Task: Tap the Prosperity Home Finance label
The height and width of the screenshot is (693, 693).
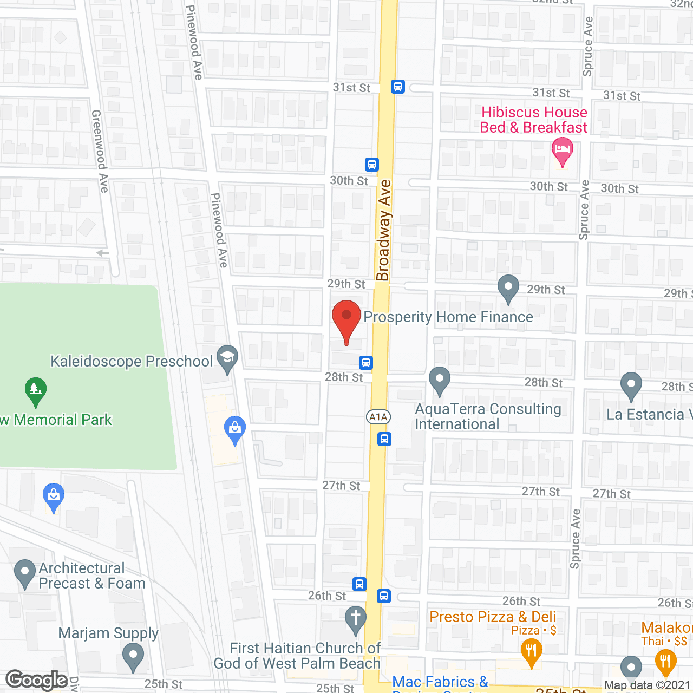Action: point(448,317)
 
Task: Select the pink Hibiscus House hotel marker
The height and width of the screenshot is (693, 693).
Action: point(563,151)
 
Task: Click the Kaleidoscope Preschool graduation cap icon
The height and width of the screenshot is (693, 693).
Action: point(227,358)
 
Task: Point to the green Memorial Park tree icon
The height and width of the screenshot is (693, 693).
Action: point(36,390)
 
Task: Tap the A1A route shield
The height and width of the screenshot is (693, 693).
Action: point(378,417)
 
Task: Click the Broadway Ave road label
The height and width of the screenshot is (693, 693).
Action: point(384,231)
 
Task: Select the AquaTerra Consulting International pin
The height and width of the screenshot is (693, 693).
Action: point(440,380)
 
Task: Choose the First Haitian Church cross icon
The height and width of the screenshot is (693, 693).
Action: point(356,619)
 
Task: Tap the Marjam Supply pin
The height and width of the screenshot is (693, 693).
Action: point(133,656)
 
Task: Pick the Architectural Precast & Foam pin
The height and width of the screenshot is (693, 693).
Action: point(24,573)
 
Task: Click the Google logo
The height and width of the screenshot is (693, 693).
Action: point(37,680)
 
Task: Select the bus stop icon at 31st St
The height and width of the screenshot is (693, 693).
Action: point(398,87)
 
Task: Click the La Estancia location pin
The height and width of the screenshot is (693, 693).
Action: point(631,385)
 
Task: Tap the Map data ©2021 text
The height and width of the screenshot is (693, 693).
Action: point(648,685)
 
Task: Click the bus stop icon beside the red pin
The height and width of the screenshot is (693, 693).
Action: point(366,362)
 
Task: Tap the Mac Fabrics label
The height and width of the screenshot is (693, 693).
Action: point(440,682)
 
